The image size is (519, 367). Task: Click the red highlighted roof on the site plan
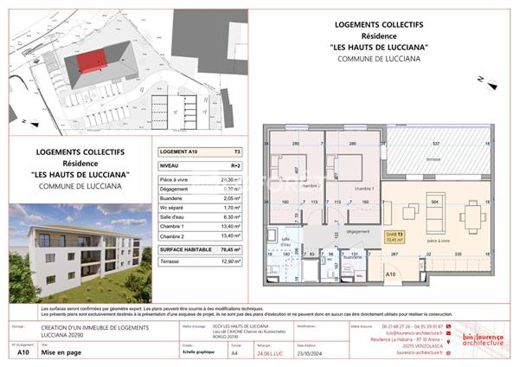(x=92, y=61)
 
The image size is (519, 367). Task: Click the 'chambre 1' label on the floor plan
(x=364, y=188)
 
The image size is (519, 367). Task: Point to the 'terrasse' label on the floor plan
(x=435, y=160)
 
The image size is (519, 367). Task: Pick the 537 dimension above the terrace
(x=437, y=144)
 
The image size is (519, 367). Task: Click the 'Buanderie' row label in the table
(x=176, y=196)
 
